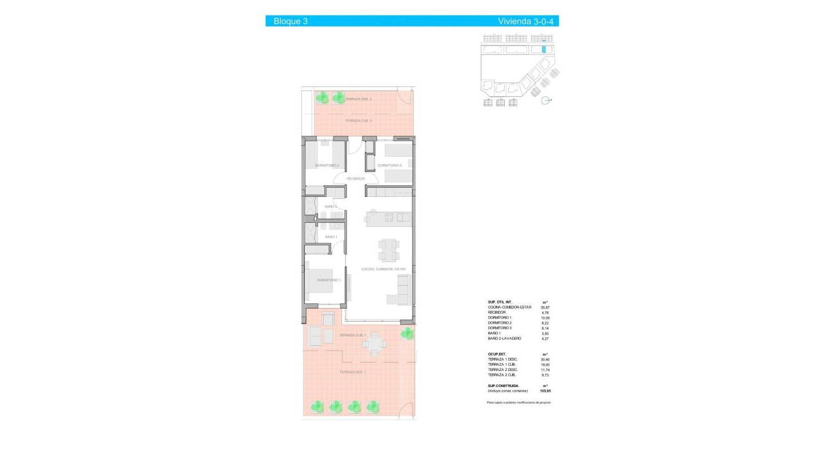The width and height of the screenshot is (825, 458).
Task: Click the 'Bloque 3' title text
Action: pyautogui.click(x=290, y=21)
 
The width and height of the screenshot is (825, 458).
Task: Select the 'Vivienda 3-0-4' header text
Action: pyautogui.click(x=527, y=21)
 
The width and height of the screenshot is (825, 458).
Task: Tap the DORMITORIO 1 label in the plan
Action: pyautogui.click(x=329, y=280)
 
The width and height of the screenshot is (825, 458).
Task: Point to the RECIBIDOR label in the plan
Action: pyautogui.click(x=355, y=179)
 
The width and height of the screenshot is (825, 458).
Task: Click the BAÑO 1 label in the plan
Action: pyautogui.click(x=331, y=236)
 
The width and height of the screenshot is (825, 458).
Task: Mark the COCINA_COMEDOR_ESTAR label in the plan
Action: pyautogui.click(x=383, y=269)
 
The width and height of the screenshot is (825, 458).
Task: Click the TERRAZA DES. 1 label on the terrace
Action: pyautogui.click(x=352, y=372)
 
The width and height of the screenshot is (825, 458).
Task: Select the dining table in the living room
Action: pyautogui.click(x=388, y=248)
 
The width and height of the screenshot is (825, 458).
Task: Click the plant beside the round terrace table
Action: pyautogui.click(x=407, y=333)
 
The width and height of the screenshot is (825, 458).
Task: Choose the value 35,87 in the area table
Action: pyautogui.click(x=545, y=307)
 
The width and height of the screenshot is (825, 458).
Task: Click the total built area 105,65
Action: pyautogui.click(x=545, y=391)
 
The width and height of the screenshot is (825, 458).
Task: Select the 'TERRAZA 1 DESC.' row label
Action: pyautogui.click(x=502, y=359)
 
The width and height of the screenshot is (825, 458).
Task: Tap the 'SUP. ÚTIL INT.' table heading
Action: pyautogui.click(x=500, y=302)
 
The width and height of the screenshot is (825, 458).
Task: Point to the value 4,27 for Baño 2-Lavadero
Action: pyautogui.click(x=545, y=339)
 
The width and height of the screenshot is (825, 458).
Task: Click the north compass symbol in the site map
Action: pyautogui.click(x=546, y=100)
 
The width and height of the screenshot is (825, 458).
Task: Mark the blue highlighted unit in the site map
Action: pyautogui.click(x=543, y=50)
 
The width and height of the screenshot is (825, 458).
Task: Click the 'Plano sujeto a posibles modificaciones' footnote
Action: pyautogui.click(x=518, y=403)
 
